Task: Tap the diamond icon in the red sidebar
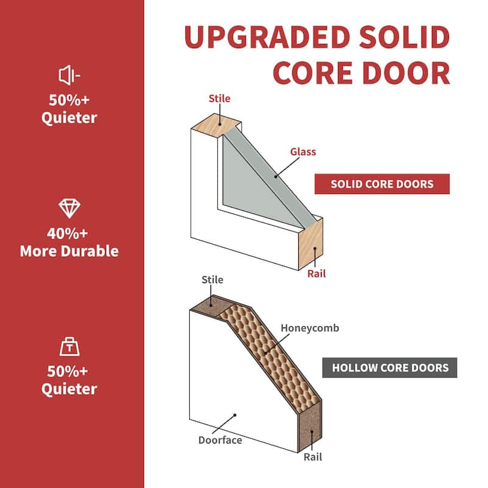[69, 208]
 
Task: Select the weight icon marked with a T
[69, 346]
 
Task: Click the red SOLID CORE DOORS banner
[382, 184]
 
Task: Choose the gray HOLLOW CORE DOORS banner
[390, 368]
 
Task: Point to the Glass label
[303, 152]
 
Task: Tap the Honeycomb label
[309, 328]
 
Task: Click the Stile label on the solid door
[220, 98]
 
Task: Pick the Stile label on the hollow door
[212, 280]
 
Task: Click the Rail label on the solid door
[316, 274]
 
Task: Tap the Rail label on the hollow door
[312, 457]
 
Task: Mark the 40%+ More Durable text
[69, 242]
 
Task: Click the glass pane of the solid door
[256, 177]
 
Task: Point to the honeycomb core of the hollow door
[268, 354]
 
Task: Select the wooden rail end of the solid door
[310, 244]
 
